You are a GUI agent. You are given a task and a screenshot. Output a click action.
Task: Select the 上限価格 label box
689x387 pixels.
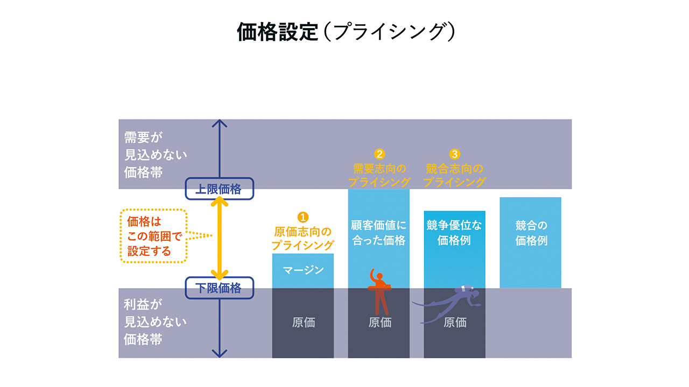point(218,189)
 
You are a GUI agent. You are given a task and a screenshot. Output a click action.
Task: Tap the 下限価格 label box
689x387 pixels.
point(218,288)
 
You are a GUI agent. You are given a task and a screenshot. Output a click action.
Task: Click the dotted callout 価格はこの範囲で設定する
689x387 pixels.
point(153,236)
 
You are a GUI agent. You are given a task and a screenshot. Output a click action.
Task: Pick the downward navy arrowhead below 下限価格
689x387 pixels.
point(219,353)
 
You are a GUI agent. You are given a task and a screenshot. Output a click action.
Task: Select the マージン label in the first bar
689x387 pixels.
point(303,270)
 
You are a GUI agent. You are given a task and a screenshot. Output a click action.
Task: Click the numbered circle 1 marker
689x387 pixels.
point(303,217)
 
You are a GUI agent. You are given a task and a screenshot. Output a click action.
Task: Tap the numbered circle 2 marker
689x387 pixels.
point(379,154)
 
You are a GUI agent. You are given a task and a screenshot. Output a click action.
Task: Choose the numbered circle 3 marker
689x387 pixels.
point(455,154)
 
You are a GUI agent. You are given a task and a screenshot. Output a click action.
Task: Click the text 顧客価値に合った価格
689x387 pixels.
point(379,233)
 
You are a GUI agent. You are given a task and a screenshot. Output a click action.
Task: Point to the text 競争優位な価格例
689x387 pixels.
point(454,233)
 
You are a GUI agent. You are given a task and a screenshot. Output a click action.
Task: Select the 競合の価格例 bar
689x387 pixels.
point(530,242)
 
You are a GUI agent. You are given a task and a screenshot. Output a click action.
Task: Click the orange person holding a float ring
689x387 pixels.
point(380,293)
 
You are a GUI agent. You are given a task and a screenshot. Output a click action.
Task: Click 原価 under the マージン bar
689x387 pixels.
point(303,322)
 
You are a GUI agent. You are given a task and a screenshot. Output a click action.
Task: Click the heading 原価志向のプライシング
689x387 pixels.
point(303,238)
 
